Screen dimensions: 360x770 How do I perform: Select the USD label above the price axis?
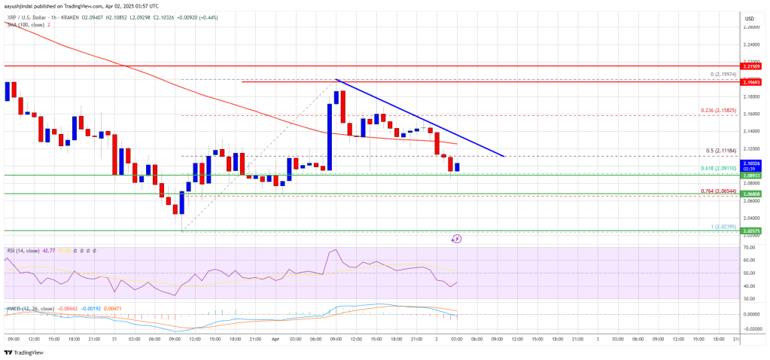click(750, 18)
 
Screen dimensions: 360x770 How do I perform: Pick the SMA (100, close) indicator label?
click(22, 25)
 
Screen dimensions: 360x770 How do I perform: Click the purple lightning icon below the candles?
click(456, 239)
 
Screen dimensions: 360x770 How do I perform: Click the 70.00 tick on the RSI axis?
click(750, 247)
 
